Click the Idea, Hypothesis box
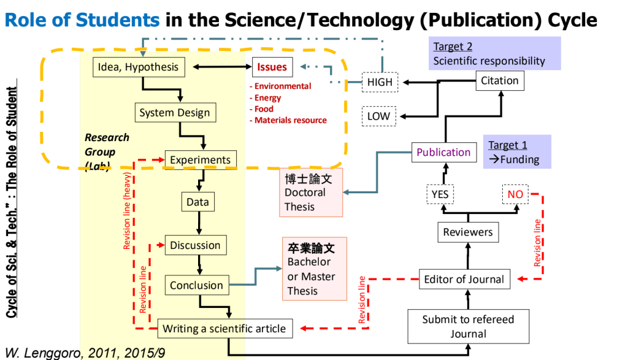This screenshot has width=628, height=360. click(139, 67)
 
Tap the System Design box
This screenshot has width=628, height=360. click(174, 113)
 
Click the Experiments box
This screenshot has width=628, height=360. click(200, 160)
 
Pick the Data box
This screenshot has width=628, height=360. click(197, 202)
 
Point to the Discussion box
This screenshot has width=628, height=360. click(195, 245)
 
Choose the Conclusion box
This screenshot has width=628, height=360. click(196, 285)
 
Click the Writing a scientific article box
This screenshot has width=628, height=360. click(224, 329)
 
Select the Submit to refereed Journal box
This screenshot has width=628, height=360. click(468, 326)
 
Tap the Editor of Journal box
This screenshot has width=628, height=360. click(464, 280)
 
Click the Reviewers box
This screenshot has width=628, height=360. click(468, 232)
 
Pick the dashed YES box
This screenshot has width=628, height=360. click(440, 194)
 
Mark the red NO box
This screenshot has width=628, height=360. click(515, 194)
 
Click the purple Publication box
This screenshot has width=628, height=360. click(443, 152)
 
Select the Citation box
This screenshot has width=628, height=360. click(499, 80)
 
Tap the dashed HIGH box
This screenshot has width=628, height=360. click(380, 82)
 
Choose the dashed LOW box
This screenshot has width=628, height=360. click(379, 116)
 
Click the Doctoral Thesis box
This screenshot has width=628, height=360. click(312, 192)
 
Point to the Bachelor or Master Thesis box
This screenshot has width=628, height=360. click(314, 269)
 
